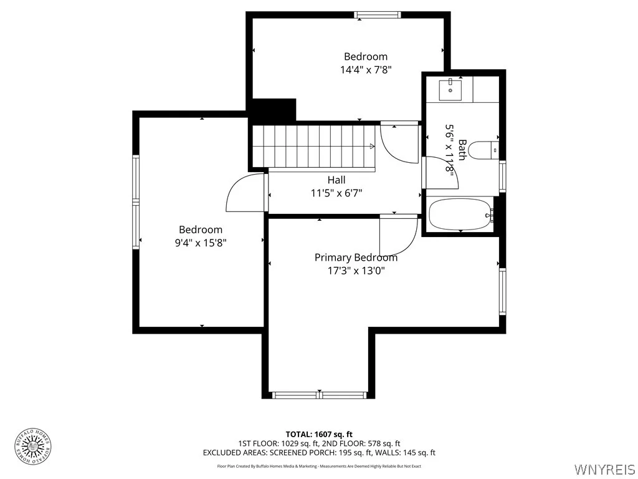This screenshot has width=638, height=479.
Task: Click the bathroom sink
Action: (449, 90)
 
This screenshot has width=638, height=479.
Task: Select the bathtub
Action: (460, 215)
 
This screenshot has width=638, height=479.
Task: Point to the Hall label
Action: (336, 180)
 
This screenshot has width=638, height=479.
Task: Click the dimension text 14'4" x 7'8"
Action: (366, 70)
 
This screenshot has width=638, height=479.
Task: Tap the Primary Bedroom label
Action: (356, 257)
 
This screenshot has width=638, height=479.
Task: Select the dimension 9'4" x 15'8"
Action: (200, 243)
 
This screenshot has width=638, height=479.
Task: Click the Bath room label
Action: (462, 150)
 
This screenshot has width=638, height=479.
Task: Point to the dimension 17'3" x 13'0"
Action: (356, 271)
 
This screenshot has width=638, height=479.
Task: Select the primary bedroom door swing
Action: (398, 235)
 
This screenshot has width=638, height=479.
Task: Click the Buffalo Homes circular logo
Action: (32, 446)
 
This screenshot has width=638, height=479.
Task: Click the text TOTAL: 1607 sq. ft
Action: (319, 434)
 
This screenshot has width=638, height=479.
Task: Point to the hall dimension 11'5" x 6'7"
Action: (336, 193)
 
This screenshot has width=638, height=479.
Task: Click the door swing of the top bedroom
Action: (399, 143)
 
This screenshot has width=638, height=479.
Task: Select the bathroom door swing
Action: (440, 173)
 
